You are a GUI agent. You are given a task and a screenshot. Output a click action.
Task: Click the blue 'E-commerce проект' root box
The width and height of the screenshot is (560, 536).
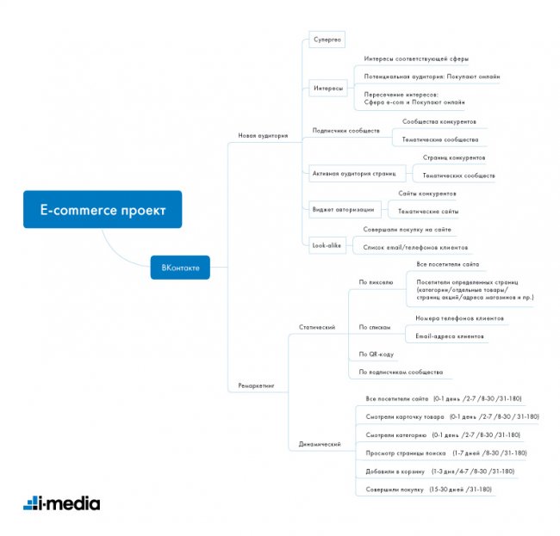pos(103,209)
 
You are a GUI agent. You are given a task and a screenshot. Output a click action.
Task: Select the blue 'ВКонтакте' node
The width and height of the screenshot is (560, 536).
pos(180,268)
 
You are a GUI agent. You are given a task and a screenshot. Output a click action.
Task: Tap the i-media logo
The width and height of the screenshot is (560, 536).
pos(61,503)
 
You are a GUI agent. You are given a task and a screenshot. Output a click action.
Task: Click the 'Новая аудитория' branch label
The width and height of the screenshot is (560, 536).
pos(263,135)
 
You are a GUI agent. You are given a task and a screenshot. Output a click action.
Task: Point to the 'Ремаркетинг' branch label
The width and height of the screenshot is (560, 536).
pos(256,386)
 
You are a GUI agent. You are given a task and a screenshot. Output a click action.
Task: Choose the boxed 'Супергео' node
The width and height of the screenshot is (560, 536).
pos(327,40)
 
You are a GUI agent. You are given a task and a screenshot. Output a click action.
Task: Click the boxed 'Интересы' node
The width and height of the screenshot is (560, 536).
pos(328,89)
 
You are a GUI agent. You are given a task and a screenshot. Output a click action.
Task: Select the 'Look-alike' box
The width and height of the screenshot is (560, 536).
pos(327,245)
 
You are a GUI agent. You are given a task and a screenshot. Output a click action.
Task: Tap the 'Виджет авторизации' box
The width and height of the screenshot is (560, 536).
pos(343,207)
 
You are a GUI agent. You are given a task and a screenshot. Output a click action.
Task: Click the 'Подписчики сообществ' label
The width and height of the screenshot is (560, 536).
pos(345,131)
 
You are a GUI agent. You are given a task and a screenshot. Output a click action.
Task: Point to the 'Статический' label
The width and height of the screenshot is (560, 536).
pos(317,327)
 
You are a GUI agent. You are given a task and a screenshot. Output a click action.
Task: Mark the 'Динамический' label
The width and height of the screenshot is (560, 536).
pos(319,444)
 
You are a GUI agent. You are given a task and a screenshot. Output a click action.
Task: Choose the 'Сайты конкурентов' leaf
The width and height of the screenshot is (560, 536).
pos(426,194)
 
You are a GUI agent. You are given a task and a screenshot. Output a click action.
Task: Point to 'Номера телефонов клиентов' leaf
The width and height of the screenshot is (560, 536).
pos(454,317)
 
